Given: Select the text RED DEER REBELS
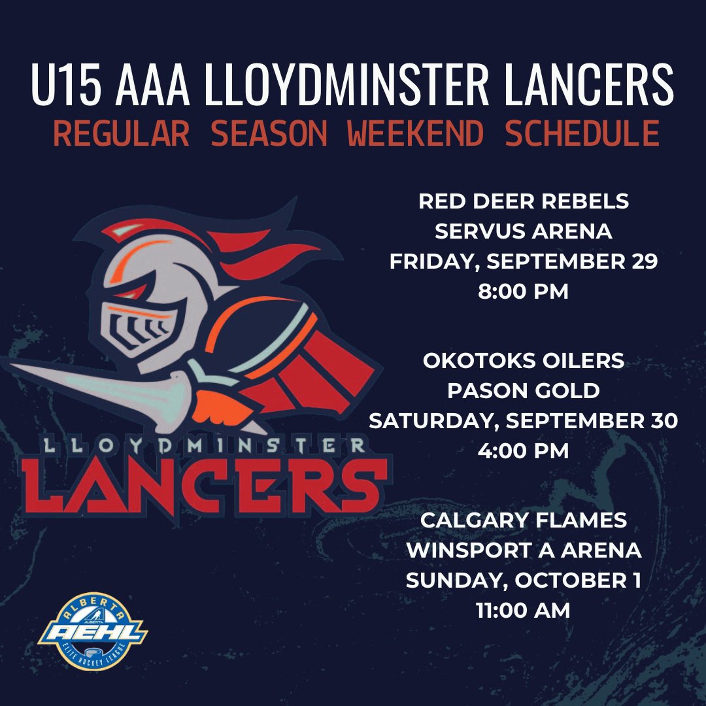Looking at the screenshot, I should tap(523, 202).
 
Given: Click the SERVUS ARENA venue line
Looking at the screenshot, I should tap(523, 231).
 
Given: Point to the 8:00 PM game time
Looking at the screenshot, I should tap(523, 291).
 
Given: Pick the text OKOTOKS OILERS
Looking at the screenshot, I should tap(523, 360).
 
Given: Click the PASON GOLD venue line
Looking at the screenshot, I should tap(523, 390).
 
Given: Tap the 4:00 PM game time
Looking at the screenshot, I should tap(523, 450).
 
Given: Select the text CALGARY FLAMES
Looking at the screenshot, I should tap(523, 520).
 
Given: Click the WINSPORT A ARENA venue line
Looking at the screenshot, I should tap(523, 550).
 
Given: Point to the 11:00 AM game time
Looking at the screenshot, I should tap(523, 611).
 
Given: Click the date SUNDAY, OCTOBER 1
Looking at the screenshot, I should tap(523, 580).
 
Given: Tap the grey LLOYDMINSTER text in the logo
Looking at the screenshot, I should tap(203, 446).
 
